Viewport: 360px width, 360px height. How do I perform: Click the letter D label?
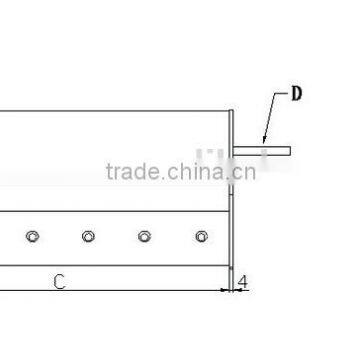point(296,96)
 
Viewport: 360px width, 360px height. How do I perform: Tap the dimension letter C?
point(59,282)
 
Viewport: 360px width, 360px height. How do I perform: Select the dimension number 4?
point(242,282)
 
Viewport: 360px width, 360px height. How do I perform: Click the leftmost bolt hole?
point(33,236)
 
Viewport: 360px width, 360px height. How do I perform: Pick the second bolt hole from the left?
point(89,236)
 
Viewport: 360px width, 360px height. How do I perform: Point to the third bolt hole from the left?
point(145,236)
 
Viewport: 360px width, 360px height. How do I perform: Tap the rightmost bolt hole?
point(201,236)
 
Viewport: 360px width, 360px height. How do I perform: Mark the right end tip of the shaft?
point(289,151)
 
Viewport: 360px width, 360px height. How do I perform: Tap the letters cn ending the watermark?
point(243,172)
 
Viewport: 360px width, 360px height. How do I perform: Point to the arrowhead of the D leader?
point(263,143)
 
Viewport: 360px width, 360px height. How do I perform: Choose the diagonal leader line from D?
point(269,120)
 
